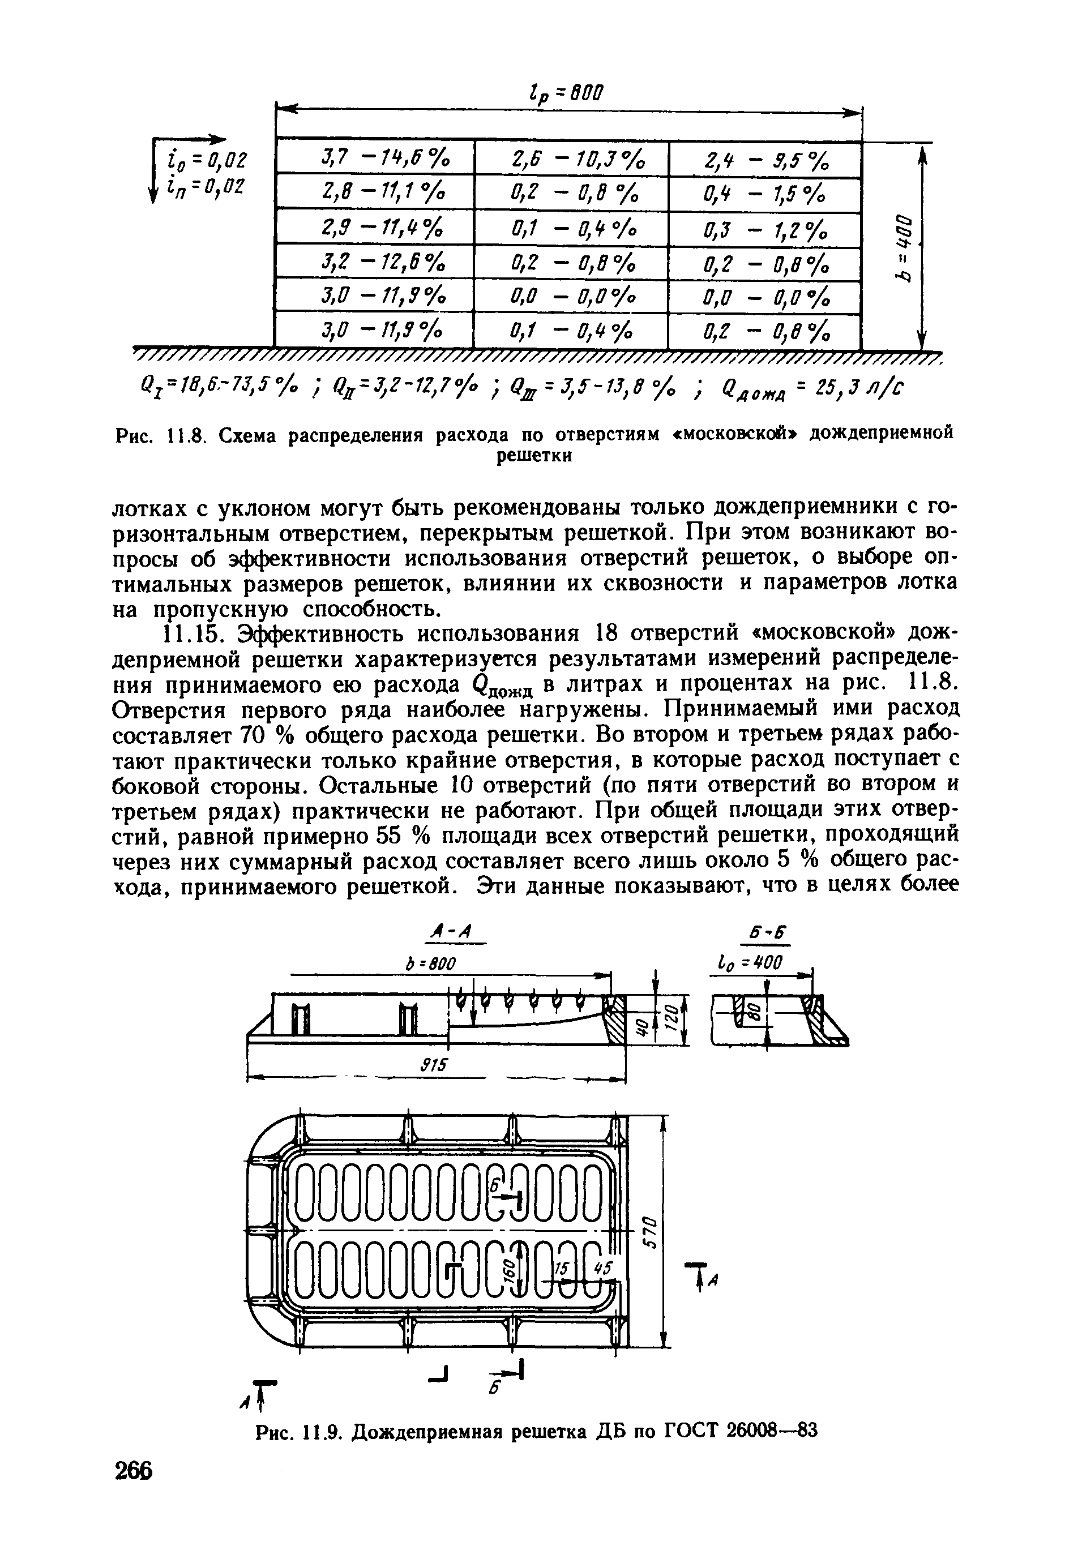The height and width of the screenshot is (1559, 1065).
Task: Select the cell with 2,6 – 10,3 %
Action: coord(571,160)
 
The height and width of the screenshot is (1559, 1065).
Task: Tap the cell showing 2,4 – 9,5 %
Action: coord(765,160)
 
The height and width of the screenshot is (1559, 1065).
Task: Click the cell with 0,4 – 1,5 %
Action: coord(765,195)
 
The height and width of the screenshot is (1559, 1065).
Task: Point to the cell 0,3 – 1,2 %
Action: coord(765,230)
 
